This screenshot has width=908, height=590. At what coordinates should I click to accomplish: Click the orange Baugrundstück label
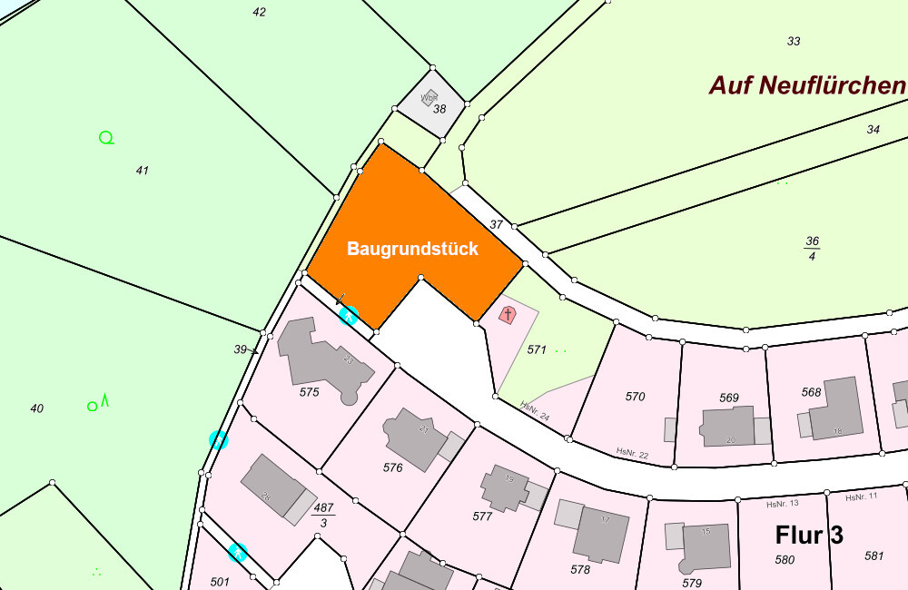coord(412,249)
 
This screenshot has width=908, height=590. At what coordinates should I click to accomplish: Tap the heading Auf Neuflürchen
coord(807,86)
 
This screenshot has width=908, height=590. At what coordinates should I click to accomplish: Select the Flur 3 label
coord(809,535)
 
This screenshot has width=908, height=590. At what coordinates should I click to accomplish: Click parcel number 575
coord(310,392)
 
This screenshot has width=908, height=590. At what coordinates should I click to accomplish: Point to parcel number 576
coord(392,467)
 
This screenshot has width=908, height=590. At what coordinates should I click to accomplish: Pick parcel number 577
coord(482,516)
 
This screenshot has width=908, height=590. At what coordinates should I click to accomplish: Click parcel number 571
coord(537,349)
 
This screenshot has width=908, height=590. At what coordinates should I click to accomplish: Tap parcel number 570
coord(635,396)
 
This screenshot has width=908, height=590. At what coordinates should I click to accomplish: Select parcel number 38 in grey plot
coord(439,109)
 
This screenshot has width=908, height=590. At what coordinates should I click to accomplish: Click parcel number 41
coord(142,171)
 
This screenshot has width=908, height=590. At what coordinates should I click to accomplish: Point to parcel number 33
coord(794,41)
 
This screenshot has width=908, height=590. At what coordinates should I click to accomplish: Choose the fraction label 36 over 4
coord(812,247)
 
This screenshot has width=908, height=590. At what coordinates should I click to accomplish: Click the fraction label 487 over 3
coord(323,515)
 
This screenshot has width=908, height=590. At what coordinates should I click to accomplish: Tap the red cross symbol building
coord(508,315)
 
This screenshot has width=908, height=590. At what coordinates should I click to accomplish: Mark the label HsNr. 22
coord(631,451)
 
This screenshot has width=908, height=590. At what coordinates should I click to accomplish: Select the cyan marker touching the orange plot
coord(348,315)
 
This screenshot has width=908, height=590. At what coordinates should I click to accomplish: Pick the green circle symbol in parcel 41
coord(106,138)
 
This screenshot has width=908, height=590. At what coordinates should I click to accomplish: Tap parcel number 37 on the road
coord(496,224)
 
